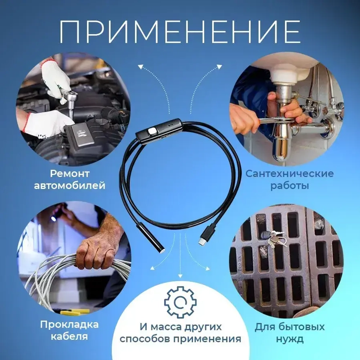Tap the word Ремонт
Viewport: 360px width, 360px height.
coord(70,174)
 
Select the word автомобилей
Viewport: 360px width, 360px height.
coord(70,186)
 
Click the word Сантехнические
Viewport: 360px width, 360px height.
coord(289,174)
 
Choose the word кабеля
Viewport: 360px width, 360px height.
coord(69,337)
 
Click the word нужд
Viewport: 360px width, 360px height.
coord(290,339)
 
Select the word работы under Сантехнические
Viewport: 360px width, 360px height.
coord(289,186)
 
